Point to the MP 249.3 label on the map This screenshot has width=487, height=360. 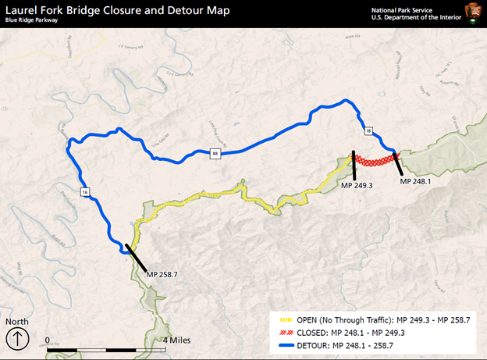coord(357,186)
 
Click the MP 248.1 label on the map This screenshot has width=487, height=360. coord(415,181)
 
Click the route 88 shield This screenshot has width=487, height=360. coord(215,154)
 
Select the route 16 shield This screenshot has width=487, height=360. coord(83,191)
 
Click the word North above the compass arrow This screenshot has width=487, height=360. coord(16,321)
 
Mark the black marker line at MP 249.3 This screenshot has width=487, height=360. coord(354,166)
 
